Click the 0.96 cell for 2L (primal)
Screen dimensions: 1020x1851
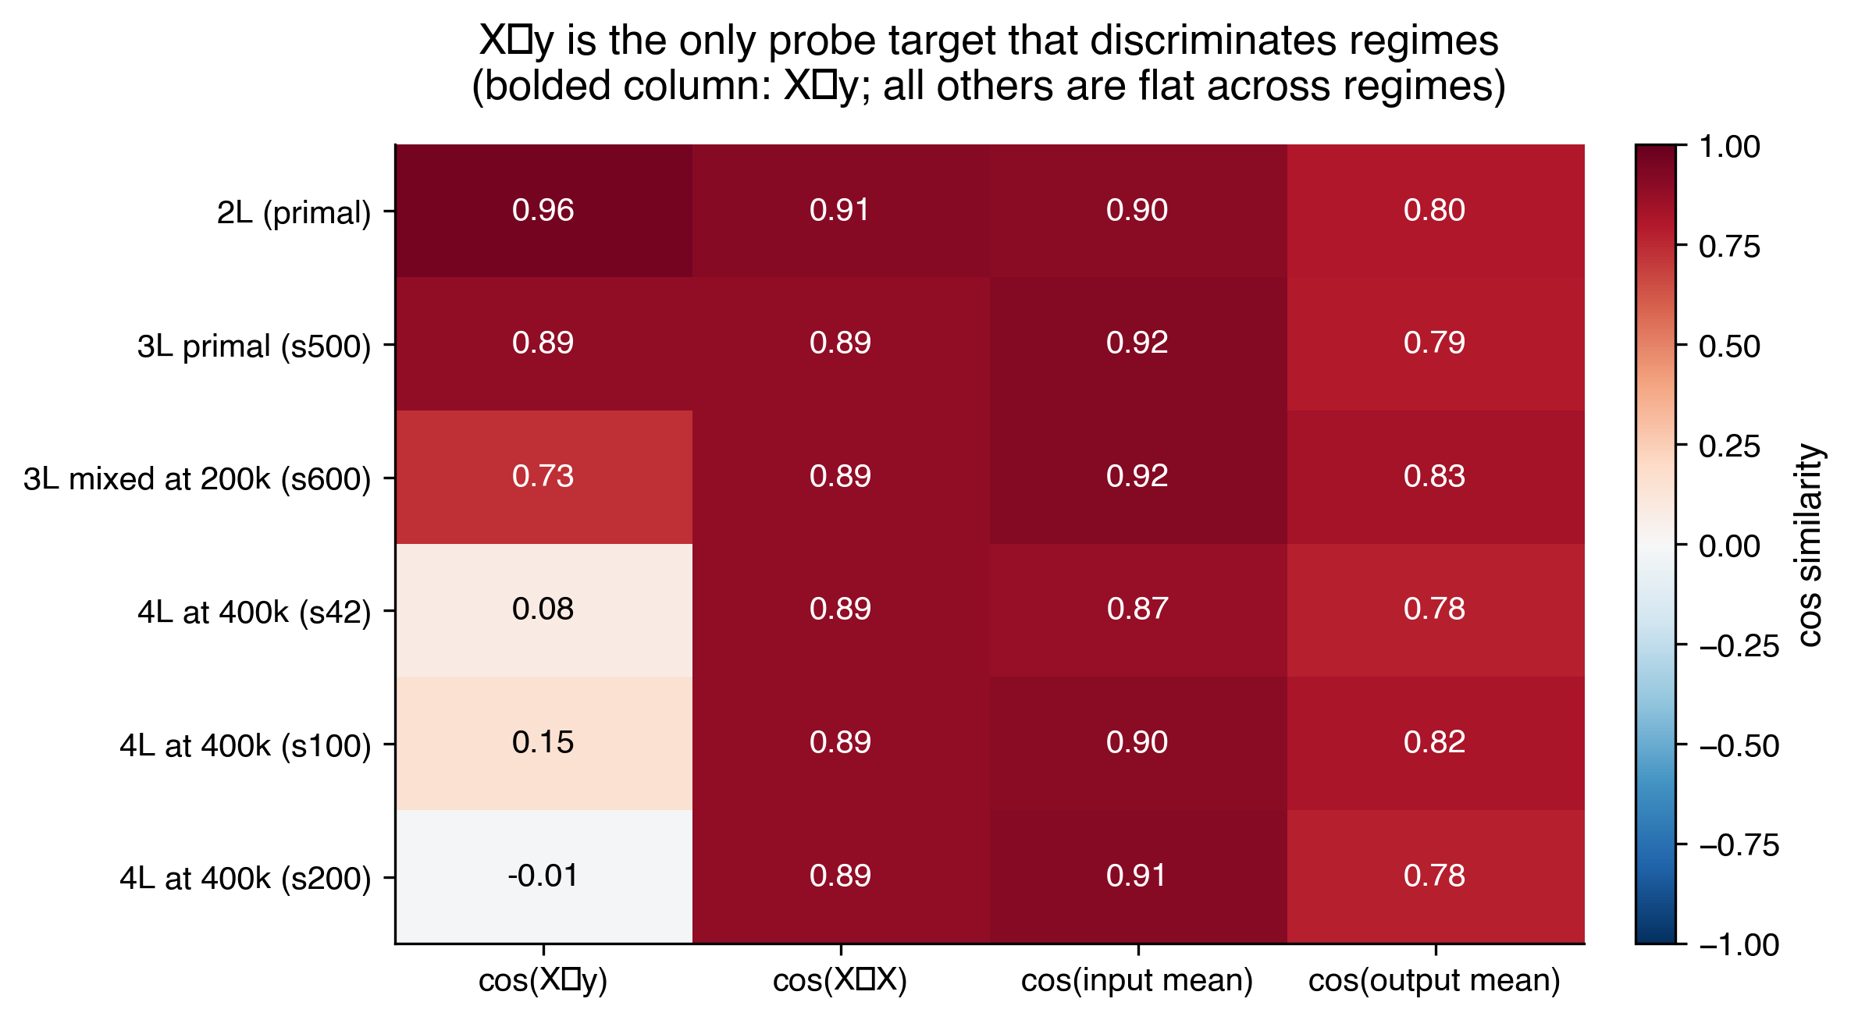click(x=543, y=210)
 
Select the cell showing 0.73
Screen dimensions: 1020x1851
click(x=543, y=476)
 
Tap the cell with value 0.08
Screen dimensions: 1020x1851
click(x=543, y=609)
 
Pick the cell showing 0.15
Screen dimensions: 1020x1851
click(x=543, y=742)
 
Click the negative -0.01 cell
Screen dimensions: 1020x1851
click(x=543, y=876)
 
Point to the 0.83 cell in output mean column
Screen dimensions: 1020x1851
click(x=1435, y=476)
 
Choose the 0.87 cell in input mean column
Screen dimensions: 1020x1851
click(x=1137, y=609)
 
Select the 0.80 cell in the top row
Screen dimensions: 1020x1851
click(x=1435, y=210)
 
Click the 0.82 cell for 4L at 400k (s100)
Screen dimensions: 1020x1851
click(x=1435, y=742)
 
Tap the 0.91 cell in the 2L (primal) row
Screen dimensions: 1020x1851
click(x=840, y=210)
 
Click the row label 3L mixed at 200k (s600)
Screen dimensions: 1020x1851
click(x=197, y=478)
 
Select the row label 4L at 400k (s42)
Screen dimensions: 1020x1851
click(x=254, y=612)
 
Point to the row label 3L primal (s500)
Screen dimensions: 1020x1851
click(x=254, y=346)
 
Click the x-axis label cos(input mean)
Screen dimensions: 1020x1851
click(x=1137, y=980)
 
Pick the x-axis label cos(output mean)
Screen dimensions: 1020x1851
click(x=1434, y=980)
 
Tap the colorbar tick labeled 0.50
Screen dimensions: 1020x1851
click(x=1729, y=347)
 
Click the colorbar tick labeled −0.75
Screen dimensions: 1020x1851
click(x=1739, y=845)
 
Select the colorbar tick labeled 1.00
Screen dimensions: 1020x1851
click(x=1729, y=147)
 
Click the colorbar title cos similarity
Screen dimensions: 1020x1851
click(x=1810, y=545)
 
